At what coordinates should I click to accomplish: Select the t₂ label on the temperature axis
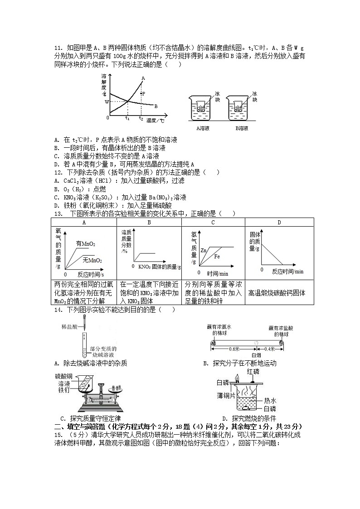(141, 118)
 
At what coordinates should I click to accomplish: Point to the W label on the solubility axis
(107, 102)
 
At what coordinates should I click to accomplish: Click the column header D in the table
(279, 222)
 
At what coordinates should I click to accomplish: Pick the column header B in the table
(149, 222)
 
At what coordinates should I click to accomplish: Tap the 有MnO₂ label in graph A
(85, 244)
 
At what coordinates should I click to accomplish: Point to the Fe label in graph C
(217, 257)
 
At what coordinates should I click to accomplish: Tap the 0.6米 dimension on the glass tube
(234, 349)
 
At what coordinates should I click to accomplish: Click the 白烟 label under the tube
(257, 355)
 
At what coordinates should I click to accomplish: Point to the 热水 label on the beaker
(270, 401)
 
